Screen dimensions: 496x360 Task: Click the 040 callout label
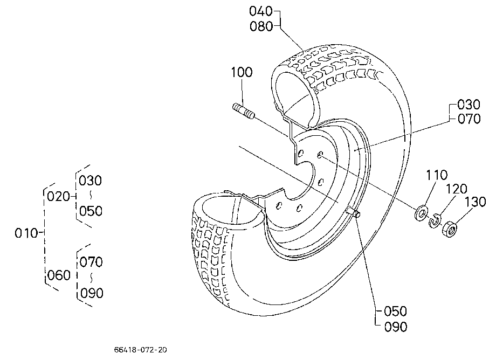pos(261,11)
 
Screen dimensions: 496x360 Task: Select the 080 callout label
pos(261,26)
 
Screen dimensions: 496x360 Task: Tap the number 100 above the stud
pos(242,72)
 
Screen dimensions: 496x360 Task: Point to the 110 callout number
pos(437,175)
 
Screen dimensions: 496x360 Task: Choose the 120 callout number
pos(456,189)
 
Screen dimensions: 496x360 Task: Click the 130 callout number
pos(475,202)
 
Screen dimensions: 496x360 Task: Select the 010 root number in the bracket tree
pos(26,233)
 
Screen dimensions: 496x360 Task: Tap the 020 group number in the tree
pos(58,196)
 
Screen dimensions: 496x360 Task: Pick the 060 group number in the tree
pos(59,275)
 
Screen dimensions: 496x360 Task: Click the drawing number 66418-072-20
pos(141,350)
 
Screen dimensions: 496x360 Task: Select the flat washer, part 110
pos(421,213)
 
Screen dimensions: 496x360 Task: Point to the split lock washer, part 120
pos(435,220)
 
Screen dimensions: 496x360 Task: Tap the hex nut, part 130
pos(449,229)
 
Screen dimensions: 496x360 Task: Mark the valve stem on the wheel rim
pos(354,212)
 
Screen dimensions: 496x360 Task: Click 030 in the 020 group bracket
pos(90,181)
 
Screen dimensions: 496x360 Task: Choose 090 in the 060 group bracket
pos(92,293)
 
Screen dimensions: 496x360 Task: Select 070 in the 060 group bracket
pos(91,262)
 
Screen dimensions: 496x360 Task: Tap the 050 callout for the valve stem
pos(395,311)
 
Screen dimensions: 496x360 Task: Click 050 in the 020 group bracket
pos(91,211)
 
